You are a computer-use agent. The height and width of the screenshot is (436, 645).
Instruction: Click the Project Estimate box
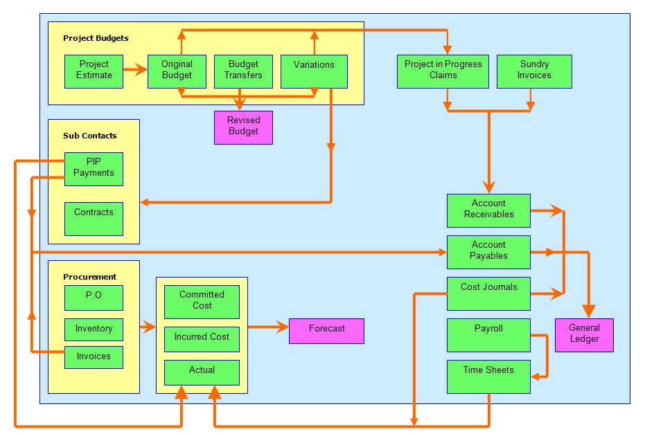94,71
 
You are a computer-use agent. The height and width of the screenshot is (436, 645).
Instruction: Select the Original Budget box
177,71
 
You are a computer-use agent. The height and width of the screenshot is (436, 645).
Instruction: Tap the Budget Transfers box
244,71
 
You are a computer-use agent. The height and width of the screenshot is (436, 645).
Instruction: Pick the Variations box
314,71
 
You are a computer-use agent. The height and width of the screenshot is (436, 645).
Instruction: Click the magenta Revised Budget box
244,127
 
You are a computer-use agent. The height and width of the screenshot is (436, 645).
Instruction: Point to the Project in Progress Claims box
443,71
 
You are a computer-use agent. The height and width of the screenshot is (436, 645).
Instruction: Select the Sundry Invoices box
534,71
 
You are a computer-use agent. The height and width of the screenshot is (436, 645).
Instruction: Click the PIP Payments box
94,170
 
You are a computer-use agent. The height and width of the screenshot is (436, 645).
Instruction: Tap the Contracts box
94,219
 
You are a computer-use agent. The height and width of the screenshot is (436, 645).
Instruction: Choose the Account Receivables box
488,211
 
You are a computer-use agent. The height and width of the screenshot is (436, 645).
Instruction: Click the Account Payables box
488,253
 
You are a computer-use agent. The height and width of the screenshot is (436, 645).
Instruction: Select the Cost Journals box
488,294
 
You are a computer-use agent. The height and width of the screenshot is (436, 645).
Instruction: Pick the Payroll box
488,336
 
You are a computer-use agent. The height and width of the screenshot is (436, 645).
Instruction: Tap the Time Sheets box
488,376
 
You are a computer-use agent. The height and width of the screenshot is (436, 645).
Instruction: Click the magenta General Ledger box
584,336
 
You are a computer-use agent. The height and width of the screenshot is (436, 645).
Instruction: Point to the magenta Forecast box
326,331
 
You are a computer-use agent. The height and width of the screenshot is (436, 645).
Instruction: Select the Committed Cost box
202,302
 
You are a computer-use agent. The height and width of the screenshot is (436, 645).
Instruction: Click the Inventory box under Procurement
94,329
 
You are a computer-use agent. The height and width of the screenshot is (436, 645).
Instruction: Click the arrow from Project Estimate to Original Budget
135,69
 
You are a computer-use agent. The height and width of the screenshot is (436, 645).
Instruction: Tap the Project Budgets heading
96,38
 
